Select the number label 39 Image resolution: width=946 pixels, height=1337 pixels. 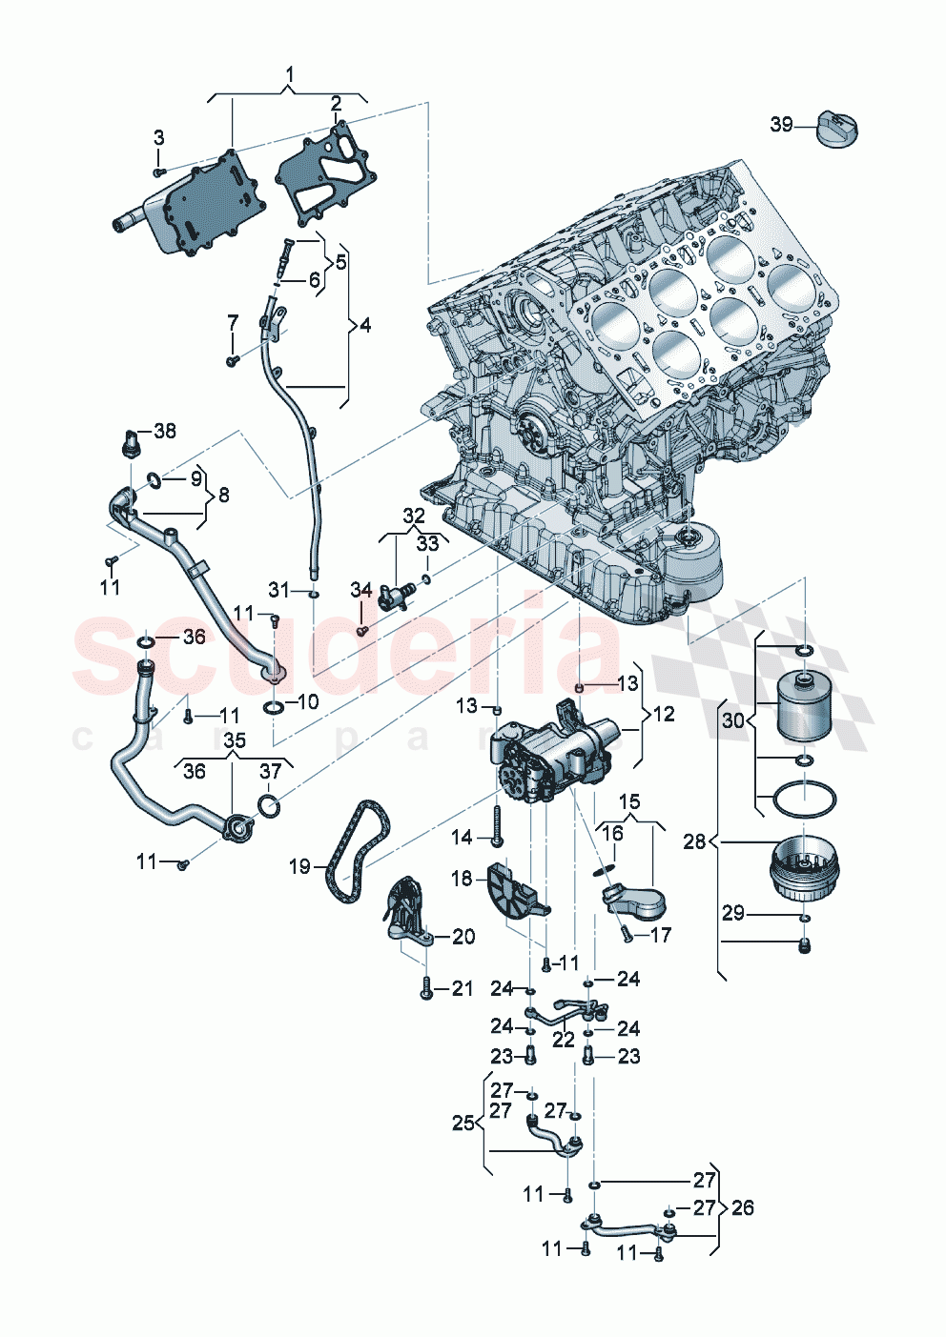coord(781,125)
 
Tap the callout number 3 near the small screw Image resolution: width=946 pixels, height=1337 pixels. coord(159,138)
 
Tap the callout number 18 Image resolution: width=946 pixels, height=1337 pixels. coord(462,878)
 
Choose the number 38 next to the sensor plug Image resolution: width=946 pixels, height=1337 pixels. coord(165,431)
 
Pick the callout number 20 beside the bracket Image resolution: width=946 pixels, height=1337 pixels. coord(463,937)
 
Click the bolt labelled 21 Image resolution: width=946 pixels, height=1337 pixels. coord(426,988)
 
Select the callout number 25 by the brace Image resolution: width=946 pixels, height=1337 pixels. coord(463,1123)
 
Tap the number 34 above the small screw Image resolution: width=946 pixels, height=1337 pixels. coord(360,591)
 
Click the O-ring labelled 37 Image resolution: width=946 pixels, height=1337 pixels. coord(269,806)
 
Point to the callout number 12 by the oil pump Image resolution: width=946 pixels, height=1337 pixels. coord(663,714)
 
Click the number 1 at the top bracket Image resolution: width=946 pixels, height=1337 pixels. coord(290,74)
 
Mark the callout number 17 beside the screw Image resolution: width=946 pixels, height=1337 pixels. coord(661,935)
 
